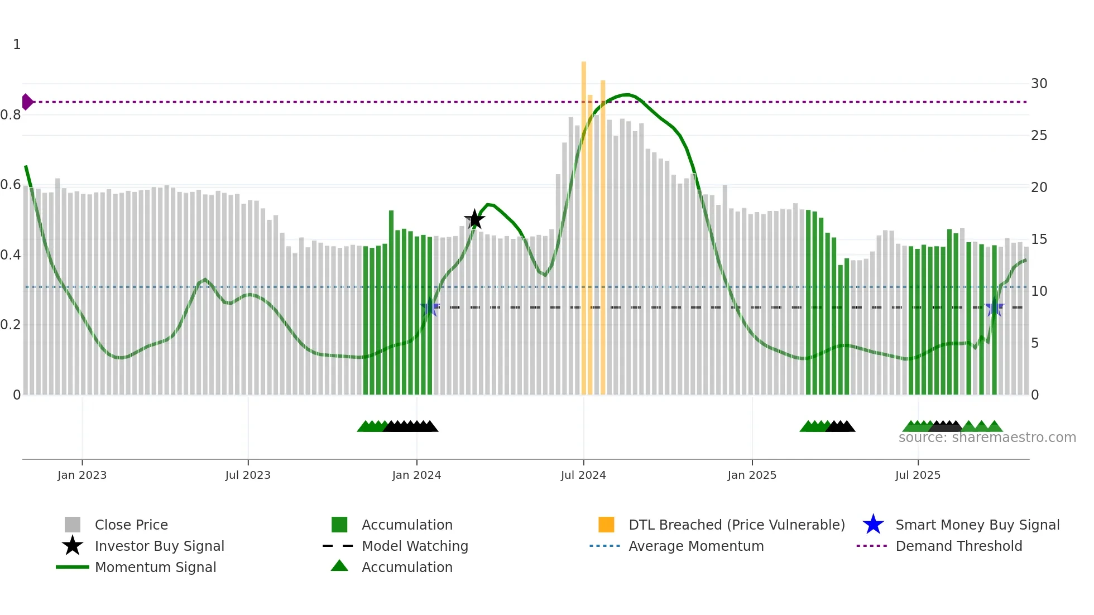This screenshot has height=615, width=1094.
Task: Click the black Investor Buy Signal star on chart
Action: (x=474, y=219)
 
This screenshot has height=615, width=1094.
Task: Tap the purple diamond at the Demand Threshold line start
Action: (x=27, y=102)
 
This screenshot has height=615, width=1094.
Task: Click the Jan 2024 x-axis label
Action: (x=416, y=475)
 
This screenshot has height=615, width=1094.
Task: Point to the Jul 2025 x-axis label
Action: (x=918, y=475)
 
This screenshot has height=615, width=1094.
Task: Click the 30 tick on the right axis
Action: (x=1039, y=84)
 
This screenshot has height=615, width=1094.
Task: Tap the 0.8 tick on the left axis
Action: (x=11, y=115)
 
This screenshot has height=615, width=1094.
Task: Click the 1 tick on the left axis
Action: (x=17, y=45)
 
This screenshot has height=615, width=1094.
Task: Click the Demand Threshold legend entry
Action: (x=958, y=546)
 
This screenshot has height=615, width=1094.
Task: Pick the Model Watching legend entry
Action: (x=414, y=546)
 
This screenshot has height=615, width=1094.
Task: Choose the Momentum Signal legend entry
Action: (x=155, y=568)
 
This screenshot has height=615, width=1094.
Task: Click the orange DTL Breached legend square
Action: (x=606, y=525)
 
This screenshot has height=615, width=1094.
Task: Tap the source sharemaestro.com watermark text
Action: (x=987, y=438)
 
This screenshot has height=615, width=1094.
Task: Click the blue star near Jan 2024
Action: (x=429, y=307)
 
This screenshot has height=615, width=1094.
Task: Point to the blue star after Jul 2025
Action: (x=995, y=307)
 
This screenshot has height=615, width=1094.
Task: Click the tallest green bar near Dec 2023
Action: (x=391, y=301)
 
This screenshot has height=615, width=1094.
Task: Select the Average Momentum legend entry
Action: (x=695, y=546)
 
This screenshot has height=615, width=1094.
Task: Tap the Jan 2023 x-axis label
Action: (x=82, y=475)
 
